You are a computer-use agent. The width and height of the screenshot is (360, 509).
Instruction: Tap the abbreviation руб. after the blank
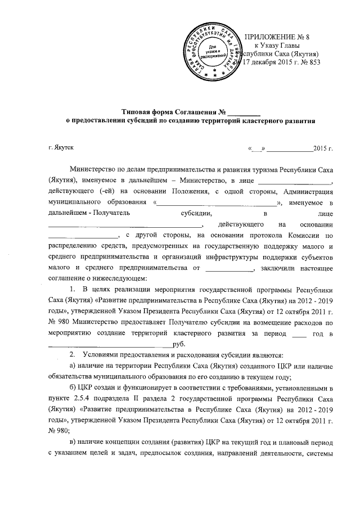click(179, 344)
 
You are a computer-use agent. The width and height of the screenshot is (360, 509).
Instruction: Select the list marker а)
click(72, 366)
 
